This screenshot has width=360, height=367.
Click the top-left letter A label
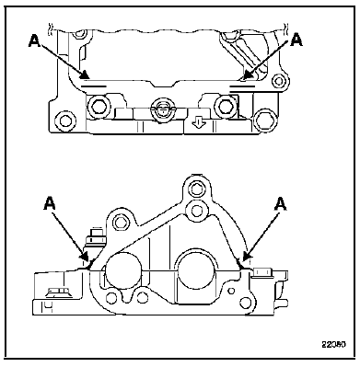(x=34, y=40)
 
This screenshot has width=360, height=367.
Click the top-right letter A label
(x=296, y=40)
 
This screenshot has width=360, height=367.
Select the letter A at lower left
(x=50, y=203)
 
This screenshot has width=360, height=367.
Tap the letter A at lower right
(x=281, y=204)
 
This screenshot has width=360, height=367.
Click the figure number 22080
(x=334, y=344)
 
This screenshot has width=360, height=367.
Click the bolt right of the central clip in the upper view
(x=223, y=106)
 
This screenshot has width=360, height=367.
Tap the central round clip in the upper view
(x=163, y=109)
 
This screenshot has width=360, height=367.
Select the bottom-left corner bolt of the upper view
(x=65, y=120)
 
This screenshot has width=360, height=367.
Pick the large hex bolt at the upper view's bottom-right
(x=264, y=120)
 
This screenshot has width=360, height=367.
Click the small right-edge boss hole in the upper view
(x=279, y=81)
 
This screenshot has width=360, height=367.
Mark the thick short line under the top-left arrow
(x=94, y=86)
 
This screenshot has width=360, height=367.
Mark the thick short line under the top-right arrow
(x=242, y=86)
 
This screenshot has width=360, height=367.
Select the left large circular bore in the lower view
(x=123, y=271)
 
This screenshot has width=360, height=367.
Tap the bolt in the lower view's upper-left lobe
(x=119, y=221)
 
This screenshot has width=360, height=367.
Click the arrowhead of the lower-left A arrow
(x=86, y=258)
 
